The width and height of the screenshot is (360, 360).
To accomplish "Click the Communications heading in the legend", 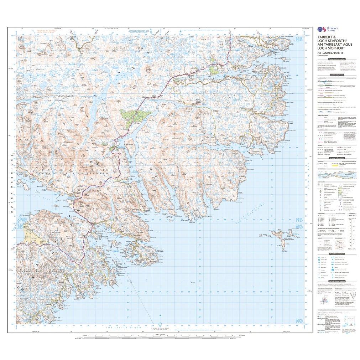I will click(336, 75).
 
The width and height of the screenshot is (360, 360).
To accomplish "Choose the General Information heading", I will click(336, 158).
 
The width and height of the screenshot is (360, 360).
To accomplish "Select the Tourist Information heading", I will click(336, 254).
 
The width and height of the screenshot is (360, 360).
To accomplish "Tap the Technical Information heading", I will click(336, 281).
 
